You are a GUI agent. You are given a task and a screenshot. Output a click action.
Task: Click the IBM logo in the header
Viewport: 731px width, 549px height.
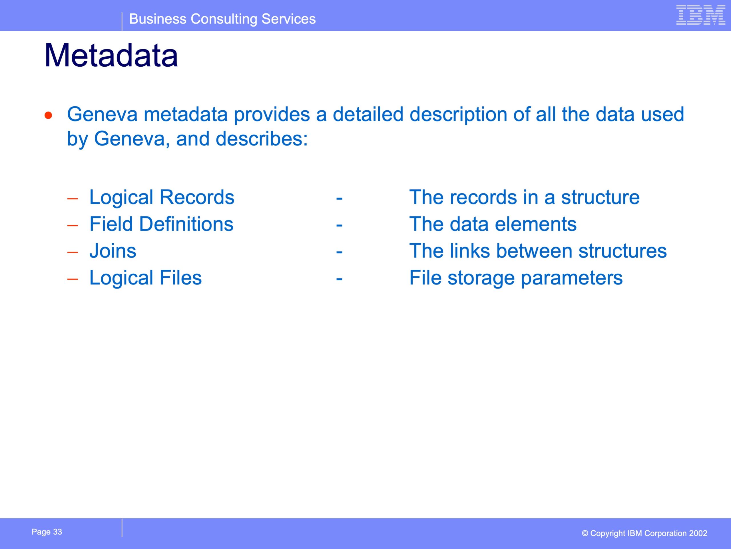coord(701,15)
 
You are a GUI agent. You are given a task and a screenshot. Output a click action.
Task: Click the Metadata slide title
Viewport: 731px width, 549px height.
coord(111,55)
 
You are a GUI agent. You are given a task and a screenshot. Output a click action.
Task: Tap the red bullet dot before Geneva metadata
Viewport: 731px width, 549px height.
coord(49,115)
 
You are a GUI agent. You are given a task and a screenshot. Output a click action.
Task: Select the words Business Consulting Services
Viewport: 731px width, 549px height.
coord(222,19)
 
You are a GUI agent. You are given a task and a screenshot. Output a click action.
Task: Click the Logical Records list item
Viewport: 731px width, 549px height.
coord(162,197)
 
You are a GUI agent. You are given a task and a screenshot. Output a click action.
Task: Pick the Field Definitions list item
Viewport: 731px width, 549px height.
coord(162,224)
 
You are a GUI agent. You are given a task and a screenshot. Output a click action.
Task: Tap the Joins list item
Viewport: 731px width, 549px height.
coord(113,251)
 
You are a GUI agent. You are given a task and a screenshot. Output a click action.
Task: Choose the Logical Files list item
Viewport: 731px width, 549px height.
coord(145,278)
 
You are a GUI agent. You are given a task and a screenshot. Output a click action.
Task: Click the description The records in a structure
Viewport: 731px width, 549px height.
coord(525,197)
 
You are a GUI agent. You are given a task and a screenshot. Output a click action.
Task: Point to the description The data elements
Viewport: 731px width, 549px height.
coord(493,224)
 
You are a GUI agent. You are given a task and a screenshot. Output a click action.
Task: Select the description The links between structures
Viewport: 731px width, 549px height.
coord(538,251)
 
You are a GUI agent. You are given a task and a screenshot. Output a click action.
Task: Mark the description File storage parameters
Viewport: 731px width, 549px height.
coord(516,278)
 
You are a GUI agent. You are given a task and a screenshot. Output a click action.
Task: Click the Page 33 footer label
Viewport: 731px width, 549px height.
coord(47,532)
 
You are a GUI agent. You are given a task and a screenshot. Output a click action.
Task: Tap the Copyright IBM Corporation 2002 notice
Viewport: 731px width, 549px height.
coord(644,533)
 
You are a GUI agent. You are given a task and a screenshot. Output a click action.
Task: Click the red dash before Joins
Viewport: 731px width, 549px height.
coord(72,252)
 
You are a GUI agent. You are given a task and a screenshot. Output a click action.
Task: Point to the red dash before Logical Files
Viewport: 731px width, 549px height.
coord(72,279)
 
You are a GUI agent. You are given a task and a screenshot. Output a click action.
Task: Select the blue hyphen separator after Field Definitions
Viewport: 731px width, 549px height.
coord(339,226)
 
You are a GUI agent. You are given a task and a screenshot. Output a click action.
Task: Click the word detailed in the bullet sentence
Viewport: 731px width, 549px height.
coord(368,114)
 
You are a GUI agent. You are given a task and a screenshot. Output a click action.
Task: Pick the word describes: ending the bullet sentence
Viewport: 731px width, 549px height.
coord(262,138)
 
